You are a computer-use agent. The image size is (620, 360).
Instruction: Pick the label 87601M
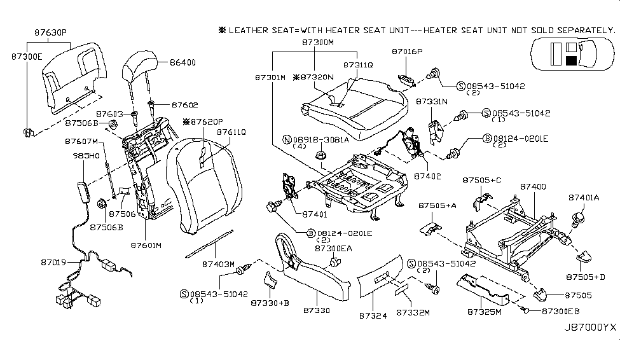tap(146, 244)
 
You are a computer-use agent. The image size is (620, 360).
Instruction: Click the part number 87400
tap(533, 186)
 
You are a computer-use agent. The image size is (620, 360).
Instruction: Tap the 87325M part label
tap(484, 313)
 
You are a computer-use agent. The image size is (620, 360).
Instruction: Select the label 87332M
tap(413, 313)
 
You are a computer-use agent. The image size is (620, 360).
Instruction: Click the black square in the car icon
tap(570, 60)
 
